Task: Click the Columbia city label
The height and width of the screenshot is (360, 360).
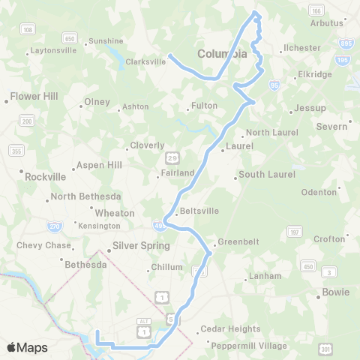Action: (222, 54)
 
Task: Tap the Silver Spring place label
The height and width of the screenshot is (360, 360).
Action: (141, 245)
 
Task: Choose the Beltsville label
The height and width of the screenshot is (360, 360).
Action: (199, 211)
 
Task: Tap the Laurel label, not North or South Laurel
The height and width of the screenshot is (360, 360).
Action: (240, 145)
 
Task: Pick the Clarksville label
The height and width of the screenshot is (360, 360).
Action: (145, 62)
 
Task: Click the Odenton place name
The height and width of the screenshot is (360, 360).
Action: (319, 192)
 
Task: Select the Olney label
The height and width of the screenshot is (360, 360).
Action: (97, 102)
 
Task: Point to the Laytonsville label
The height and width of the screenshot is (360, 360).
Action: (52, 52)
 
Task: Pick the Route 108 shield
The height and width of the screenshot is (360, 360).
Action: (28, 29)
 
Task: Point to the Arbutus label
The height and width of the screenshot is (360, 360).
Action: (326, 22)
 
